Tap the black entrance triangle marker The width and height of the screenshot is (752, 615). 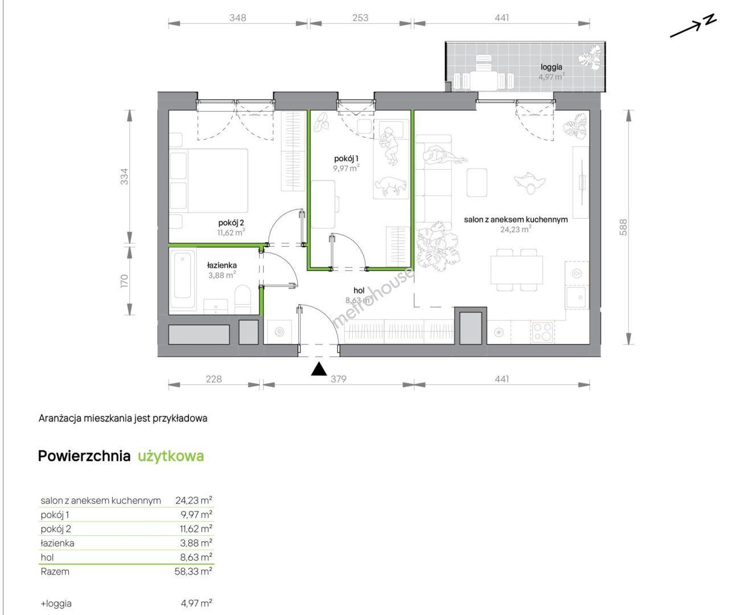[x=319, y=369]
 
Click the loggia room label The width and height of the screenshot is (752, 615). [x=551, y=67]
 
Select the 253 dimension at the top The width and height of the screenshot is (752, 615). [x=360, y=18]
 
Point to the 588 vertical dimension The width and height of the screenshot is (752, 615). [x=623, y=227]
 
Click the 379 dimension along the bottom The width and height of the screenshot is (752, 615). [x=338, y=379]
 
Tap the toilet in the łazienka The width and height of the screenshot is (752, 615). [x=243, y=300]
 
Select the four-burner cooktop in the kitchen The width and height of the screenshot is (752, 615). [x=543, y=332]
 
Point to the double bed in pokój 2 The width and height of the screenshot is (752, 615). [x=209, y=181]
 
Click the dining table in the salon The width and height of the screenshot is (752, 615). [x=517, y=270]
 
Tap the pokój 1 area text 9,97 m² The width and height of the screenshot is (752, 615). [x=346, y=167]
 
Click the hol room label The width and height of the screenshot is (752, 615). [x=359, y=291]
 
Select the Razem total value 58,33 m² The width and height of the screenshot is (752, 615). [x=193, y=572]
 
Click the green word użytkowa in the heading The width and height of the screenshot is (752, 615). [x=171, y=456]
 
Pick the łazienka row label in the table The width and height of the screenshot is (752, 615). [x=57, y=543]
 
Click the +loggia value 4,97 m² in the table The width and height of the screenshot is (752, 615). [x=196, y=603]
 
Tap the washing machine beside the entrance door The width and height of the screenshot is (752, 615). [x=279, y=332]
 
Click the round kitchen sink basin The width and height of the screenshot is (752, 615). [x=577, y=273]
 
